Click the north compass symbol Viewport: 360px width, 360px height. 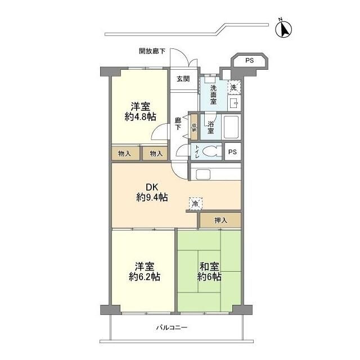283,29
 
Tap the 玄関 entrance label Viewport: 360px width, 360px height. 183,79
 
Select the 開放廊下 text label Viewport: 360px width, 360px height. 152,51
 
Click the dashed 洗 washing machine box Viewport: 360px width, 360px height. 234,88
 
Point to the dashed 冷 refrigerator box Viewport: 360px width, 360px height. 196,204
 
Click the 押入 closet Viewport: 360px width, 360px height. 220,220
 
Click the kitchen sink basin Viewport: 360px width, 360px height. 203,174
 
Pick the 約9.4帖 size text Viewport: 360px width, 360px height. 152,197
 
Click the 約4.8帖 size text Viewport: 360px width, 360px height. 141,117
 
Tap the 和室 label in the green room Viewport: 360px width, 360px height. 209,267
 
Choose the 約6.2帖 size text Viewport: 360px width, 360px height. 145,277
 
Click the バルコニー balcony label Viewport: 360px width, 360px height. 172,327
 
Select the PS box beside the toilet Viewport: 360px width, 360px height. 232,152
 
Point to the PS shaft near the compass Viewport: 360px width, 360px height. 250,61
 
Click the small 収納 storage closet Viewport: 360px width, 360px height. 194,127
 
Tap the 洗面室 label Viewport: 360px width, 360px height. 213,94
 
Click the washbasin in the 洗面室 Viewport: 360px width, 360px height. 234,103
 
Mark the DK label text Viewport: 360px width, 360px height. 152,187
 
